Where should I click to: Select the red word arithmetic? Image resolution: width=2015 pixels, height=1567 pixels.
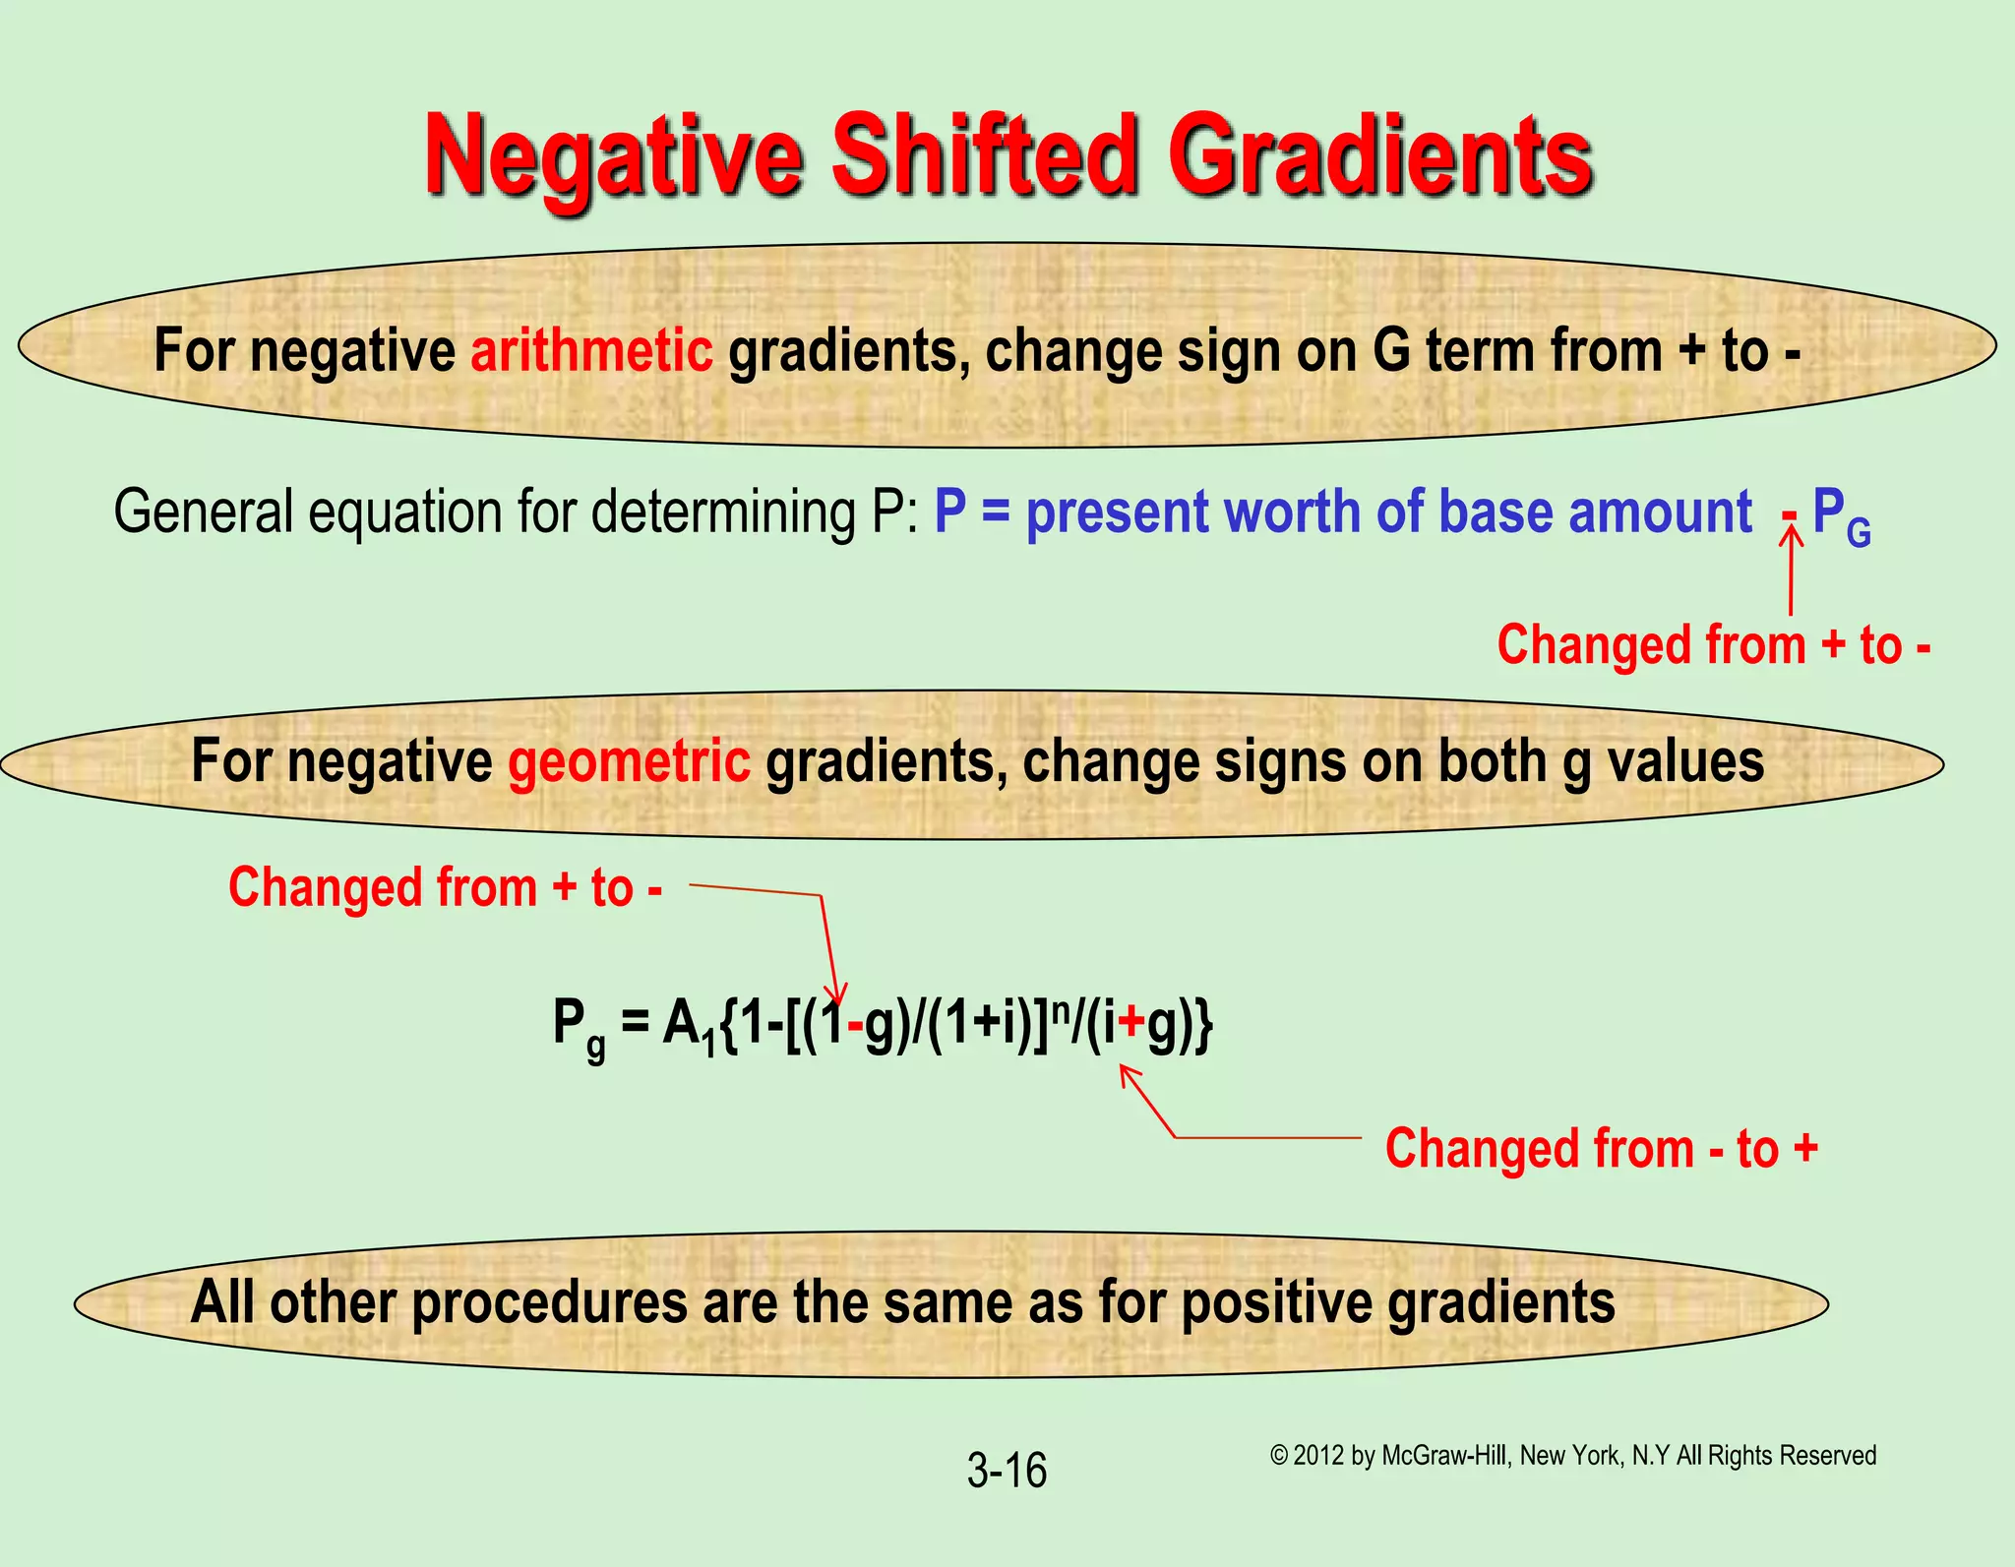coord(591,350)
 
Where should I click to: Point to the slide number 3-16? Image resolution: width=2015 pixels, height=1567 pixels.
coord(1006,1471)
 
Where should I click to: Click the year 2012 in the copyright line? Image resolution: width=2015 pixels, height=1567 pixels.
coord(1318,1455)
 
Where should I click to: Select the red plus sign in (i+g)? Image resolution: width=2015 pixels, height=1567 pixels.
coord(1131,1024)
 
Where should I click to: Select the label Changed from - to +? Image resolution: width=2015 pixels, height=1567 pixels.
coord(1601,1148)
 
